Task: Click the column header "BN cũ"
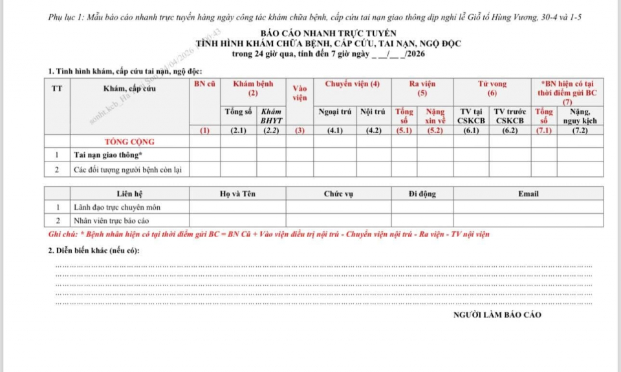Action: [x=205, y=84]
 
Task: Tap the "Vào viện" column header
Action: [x=300, y=93]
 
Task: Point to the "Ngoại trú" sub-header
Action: [x=335, y=112]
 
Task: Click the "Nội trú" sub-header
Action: [x=373, y=112]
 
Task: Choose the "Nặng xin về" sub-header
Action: [x=435, y=116]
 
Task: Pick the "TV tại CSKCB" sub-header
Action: [x=471, y=116]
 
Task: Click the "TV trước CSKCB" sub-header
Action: [x=509, y=116]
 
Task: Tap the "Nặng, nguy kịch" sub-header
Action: [x=580, y=116]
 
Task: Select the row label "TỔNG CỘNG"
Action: [x=129, y=141]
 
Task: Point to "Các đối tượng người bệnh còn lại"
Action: [x=127, y=169]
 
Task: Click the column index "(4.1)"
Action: [x=335, y=130]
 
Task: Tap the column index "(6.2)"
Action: [x=509, y=130]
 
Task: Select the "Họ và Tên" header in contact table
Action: [x=237, y=194]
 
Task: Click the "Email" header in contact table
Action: [x=528, y=194]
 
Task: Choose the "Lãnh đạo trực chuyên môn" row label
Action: [x=117, y=207]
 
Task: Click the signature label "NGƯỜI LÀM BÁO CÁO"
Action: [x=497, y=315]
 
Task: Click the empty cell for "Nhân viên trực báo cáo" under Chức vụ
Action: [x=338, y=221]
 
